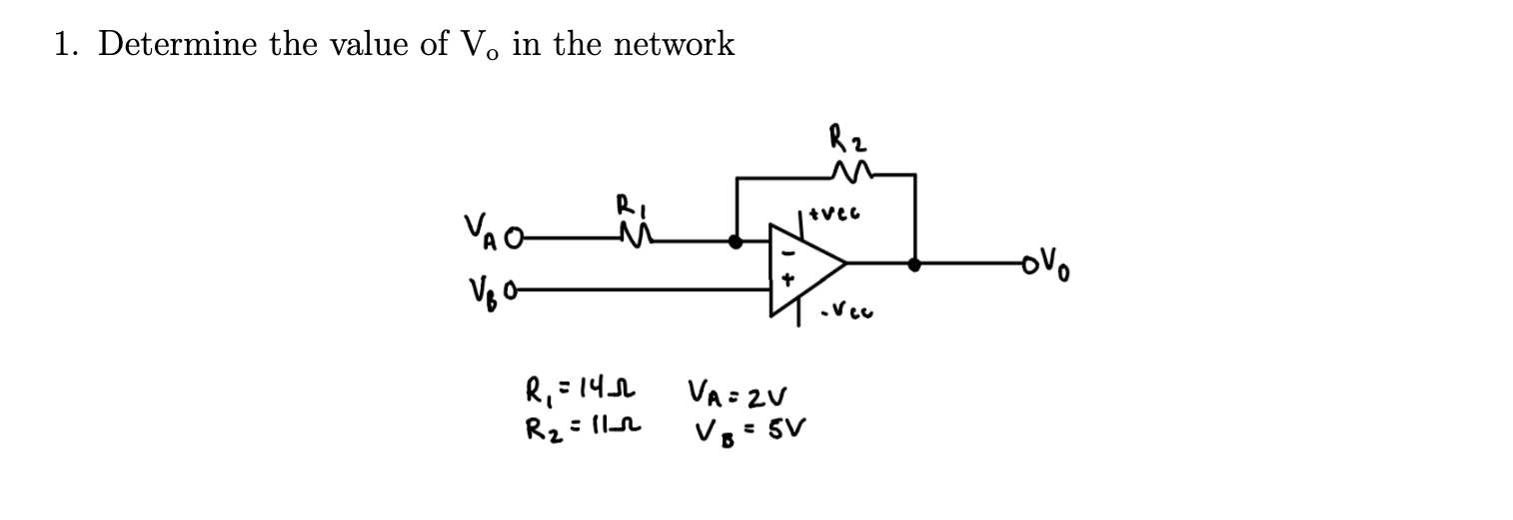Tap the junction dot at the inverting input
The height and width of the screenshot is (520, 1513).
[737, 241]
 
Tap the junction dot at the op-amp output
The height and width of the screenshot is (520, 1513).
[912, 265]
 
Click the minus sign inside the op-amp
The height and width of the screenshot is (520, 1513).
[782, 247]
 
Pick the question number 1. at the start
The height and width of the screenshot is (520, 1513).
[68, 44]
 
